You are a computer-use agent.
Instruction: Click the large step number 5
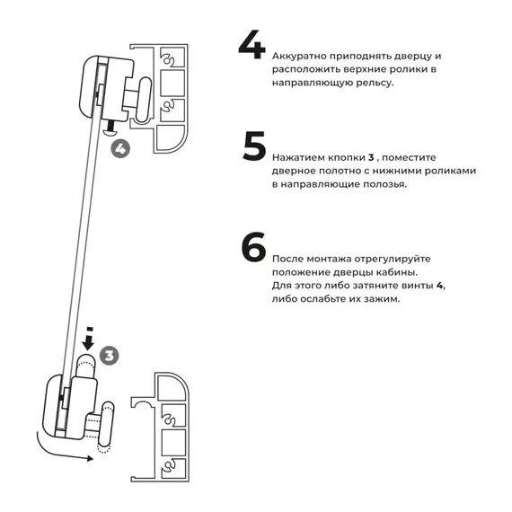pos(254,147)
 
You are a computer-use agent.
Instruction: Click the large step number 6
pos(254,249)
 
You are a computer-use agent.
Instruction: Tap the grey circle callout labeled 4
pos(120,147)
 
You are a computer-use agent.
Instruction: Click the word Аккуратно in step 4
pos(300,56)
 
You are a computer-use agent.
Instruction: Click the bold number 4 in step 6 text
pos(440,285)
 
